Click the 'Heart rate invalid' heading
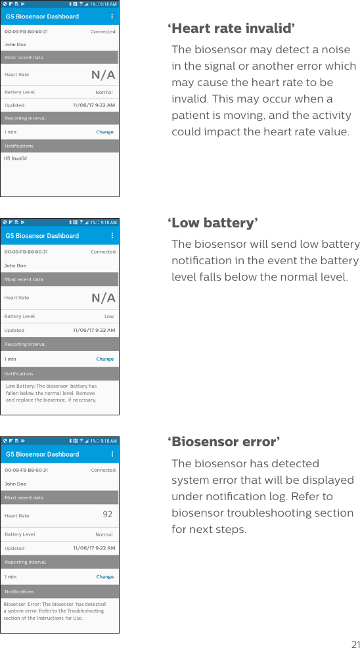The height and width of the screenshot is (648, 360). pos(231,29)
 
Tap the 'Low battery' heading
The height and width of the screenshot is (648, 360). pos(212,223)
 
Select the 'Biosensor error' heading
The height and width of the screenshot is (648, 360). pos(223,441)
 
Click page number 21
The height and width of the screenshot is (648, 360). pos(355,643)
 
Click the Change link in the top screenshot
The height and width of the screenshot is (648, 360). pos(104,132)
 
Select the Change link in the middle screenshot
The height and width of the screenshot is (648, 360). pos(104,359)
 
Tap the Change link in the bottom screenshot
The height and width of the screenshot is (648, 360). pos(104,577)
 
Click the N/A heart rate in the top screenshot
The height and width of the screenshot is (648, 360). pos(103,75)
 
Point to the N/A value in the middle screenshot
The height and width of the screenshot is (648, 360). pos(103,298)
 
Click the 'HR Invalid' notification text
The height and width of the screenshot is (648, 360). pos(15,158)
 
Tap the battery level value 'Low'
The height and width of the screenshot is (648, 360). pos(109,317)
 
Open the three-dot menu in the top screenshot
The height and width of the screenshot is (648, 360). pos(112,16)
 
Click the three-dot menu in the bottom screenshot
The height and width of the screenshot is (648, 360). pos(112,454)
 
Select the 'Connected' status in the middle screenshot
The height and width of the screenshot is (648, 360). pos(103,252)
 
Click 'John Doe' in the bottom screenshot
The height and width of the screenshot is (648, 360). pos(15,484)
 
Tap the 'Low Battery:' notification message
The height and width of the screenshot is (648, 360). pos(51,393)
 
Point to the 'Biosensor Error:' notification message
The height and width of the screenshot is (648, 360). pos(54,611)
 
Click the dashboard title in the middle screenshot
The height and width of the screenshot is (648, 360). pos(42,236)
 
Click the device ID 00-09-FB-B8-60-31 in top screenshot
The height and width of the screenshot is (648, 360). pos(26,32)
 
